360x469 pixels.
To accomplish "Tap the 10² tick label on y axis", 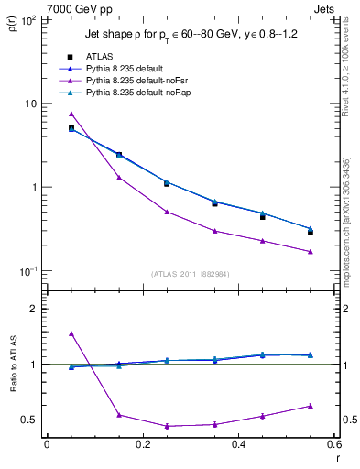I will [28, 19].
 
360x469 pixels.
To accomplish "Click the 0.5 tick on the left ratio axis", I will [31, 420].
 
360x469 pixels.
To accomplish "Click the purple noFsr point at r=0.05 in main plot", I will [71, 114].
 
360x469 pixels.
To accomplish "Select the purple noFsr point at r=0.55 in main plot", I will [311, 251].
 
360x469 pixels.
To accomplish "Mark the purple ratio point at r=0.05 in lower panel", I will [71, 333].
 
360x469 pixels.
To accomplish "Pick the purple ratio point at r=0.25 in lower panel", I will [167, 426].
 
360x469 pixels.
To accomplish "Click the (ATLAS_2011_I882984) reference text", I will [190, 274].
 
